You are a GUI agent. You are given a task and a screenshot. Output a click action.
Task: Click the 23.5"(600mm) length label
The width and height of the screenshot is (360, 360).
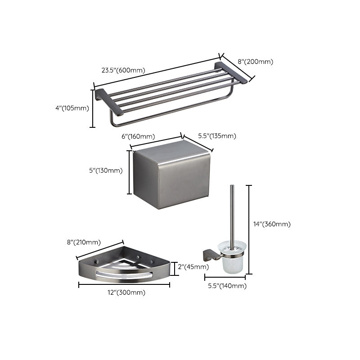point(123,70)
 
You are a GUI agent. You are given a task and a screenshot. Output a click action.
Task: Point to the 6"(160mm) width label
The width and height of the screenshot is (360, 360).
point(138,136)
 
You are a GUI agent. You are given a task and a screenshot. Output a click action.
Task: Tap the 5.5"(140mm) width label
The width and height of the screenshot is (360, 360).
point(228,286)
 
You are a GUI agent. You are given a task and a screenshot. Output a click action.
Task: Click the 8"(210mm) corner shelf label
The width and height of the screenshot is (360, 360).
point(83,243)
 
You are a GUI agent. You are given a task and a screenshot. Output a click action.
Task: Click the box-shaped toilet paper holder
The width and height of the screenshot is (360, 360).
point(172,175)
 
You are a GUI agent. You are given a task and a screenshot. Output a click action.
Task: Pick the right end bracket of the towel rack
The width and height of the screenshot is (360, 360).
point(231,72)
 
